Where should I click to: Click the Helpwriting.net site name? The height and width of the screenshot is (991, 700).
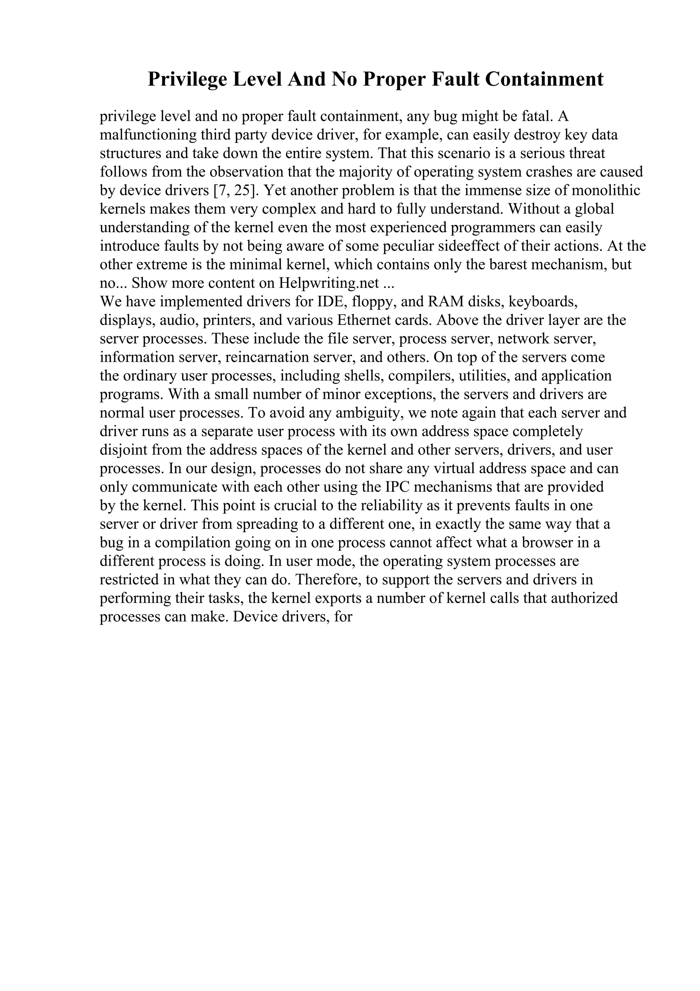tap(329, 283)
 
